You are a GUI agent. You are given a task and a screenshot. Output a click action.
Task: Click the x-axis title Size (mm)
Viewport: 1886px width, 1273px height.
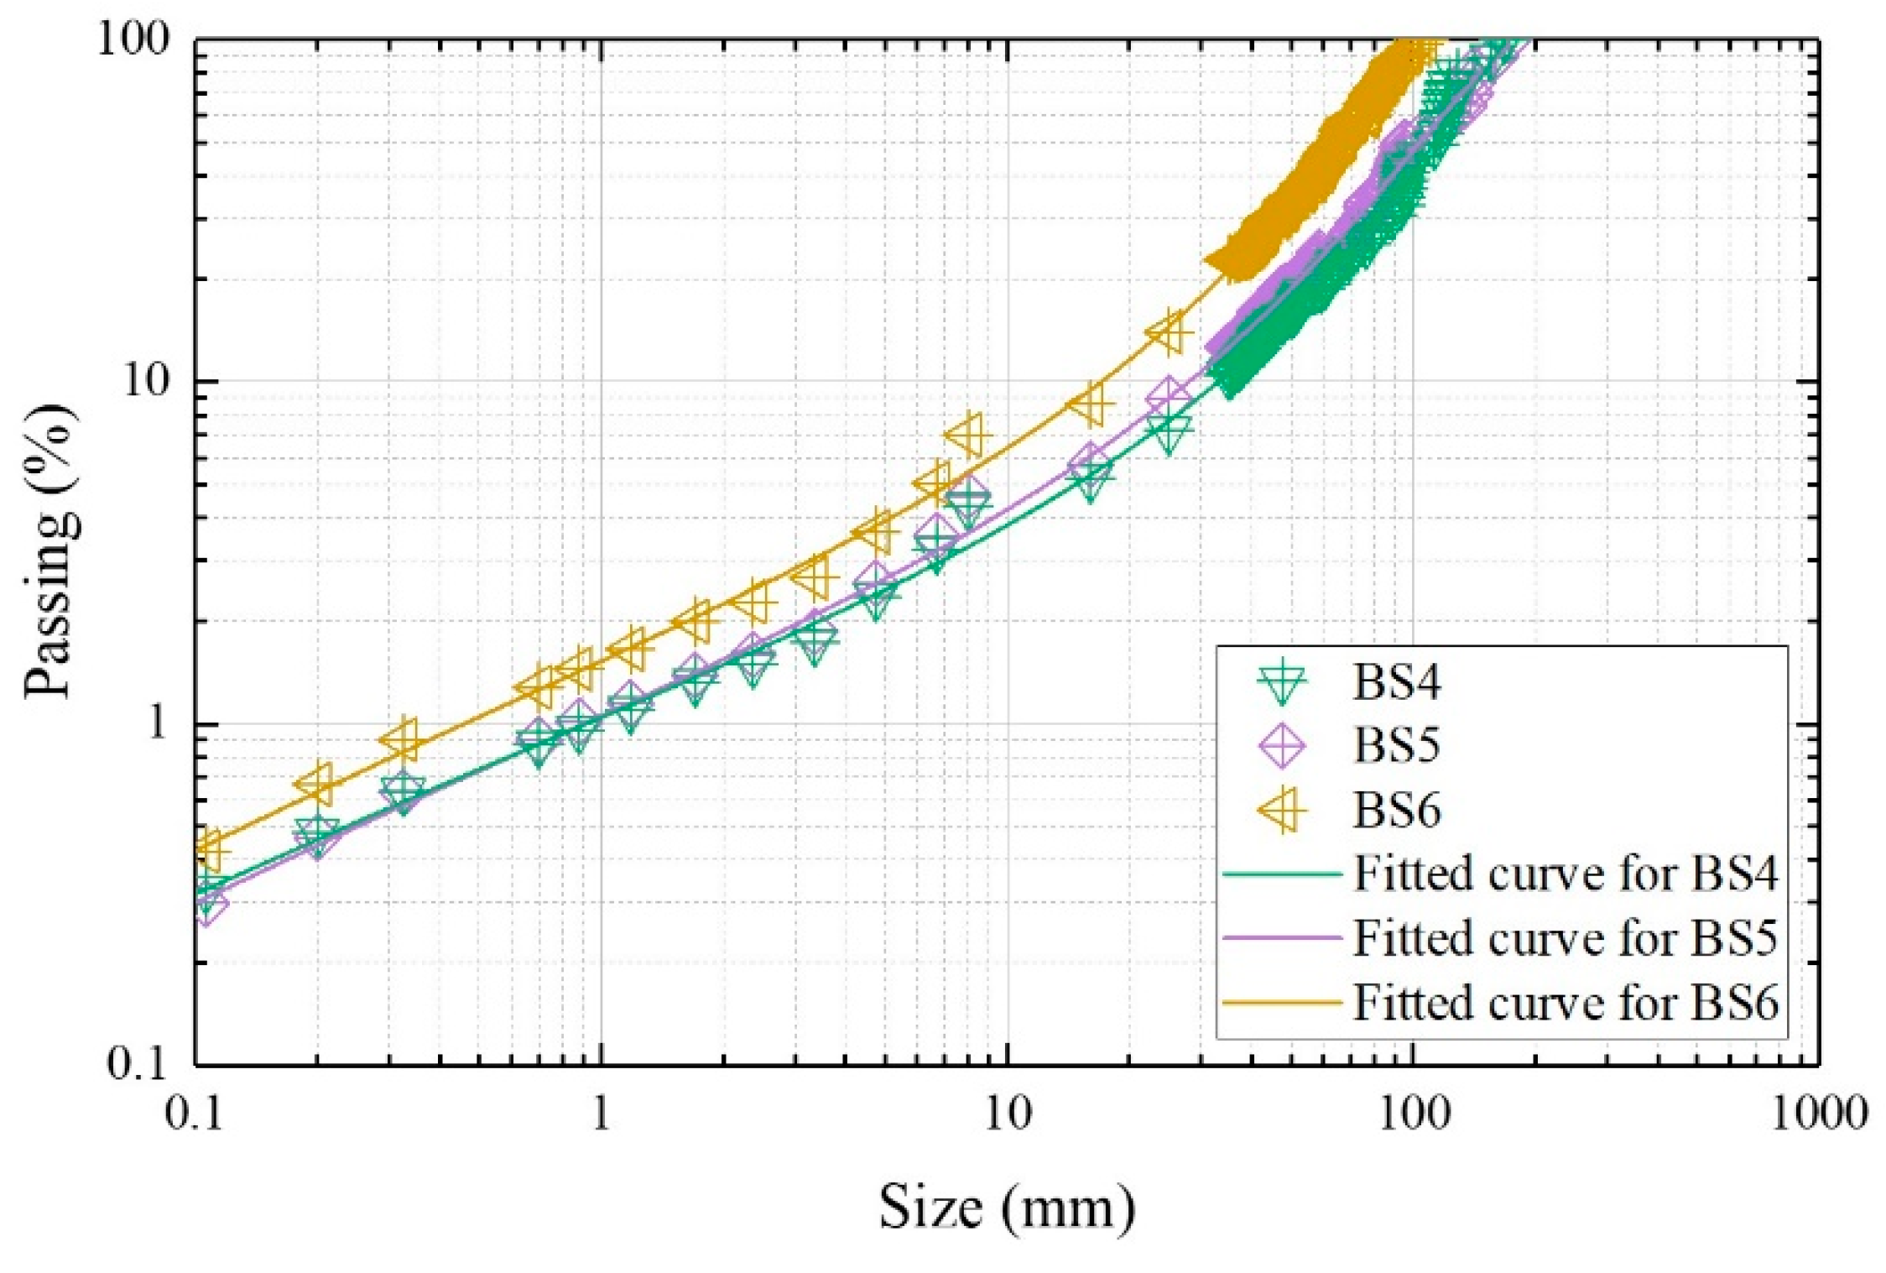[x=1007, y=1208]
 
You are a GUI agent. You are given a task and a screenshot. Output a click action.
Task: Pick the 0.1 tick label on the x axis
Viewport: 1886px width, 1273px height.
[x=194, y=1114]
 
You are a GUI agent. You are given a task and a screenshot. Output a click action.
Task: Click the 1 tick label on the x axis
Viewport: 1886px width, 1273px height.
[x=601, y=1114]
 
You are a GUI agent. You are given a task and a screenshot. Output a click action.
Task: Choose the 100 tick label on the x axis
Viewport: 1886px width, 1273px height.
[x=1413, y=1114]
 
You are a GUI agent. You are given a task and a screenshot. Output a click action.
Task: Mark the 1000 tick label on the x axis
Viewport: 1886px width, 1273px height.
[x=1819, y=1114]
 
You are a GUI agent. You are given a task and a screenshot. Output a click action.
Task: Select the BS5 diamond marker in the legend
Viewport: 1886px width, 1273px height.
[x=1282, y=744]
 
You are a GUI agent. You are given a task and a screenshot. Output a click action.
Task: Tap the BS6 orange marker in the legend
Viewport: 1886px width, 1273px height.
[x=1282, y=810]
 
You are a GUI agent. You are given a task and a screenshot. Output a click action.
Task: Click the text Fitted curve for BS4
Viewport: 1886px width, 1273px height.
[x=1566, y=873]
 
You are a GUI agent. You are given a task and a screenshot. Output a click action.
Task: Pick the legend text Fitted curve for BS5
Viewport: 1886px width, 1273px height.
[x=1566, y=936]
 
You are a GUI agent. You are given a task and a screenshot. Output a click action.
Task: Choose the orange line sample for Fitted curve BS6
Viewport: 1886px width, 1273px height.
[x=1282, y=1001]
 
